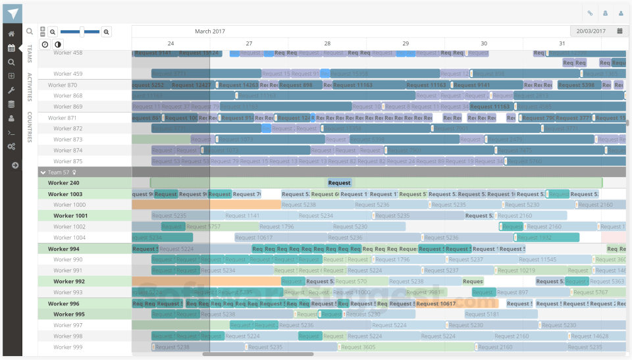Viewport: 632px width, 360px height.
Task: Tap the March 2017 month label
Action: (209, 31)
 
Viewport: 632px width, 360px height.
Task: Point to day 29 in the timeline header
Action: (406, 43)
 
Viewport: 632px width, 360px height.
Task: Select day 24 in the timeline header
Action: (171, 43)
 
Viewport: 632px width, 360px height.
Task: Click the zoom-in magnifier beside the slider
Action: (107, 32)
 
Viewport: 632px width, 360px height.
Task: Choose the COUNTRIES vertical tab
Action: (30, 127)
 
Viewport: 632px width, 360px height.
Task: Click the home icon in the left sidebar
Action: (11, 34)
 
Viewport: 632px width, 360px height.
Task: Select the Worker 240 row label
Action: (63, 183)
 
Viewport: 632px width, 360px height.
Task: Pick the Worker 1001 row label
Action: (70, 216)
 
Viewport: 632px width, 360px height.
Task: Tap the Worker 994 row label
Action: (63, 249)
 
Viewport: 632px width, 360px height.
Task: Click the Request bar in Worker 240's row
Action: (339, 183)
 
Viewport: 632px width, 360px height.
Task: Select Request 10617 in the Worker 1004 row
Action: (253, 238)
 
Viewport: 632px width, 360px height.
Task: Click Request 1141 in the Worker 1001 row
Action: (242, 216)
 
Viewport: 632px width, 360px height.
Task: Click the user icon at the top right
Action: (621, 13)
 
